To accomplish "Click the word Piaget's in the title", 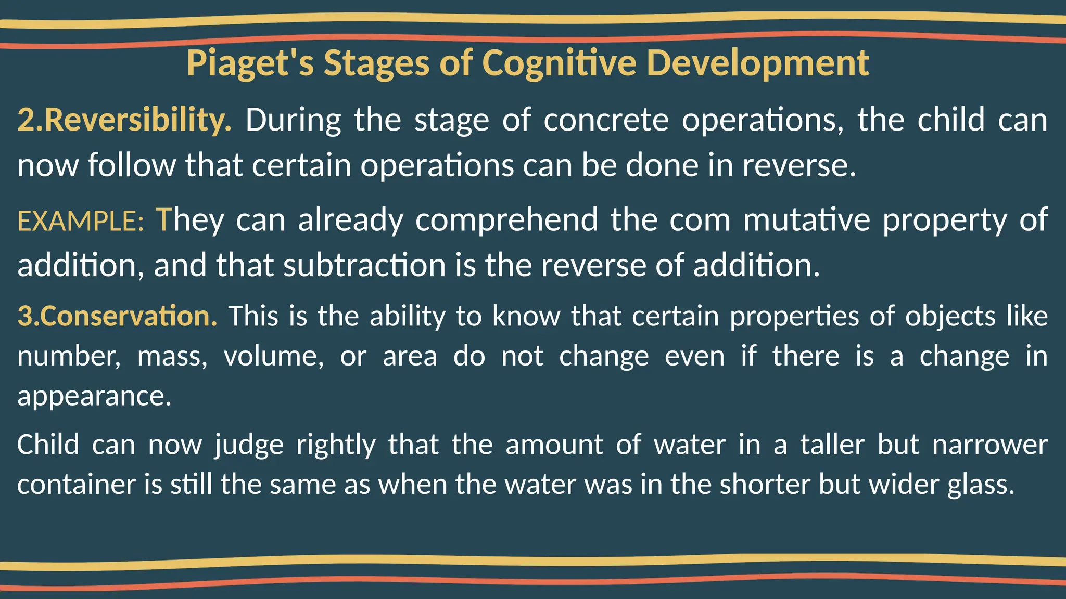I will click(x=250, y=63).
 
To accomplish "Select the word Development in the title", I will click(x=757, y=63).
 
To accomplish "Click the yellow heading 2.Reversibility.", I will click(x=124, y=120).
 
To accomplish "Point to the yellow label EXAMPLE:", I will click(x=81, y=221).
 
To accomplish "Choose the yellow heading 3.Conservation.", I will click(x=118, y=316).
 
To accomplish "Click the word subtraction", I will click(x=365, y=265).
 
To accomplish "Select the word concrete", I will click(x=606, y=120).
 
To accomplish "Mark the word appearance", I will click(x=94, y=396).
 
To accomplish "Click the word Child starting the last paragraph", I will click(x=48, y=445).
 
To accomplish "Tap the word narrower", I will click(x=989, y=445).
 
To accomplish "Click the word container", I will click(x=78, y=485).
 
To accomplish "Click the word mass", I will click(x=172, y=357).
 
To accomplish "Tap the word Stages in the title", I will click(x=377, y=63).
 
